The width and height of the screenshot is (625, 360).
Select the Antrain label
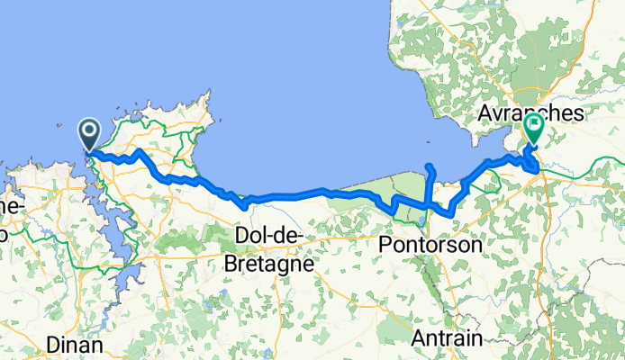coord(448,338)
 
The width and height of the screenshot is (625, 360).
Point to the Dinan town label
coord(76,344)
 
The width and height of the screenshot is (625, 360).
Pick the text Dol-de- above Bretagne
coord(267,237)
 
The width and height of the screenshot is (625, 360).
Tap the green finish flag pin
coord(534,130)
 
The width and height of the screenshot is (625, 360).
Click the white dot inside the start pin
coord(91,130)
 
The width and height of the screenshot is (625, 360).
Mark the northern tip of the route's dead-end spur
coord(429,166)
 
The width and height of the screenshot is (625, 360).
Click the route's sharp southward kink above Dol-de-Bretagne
coord(245,206)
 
